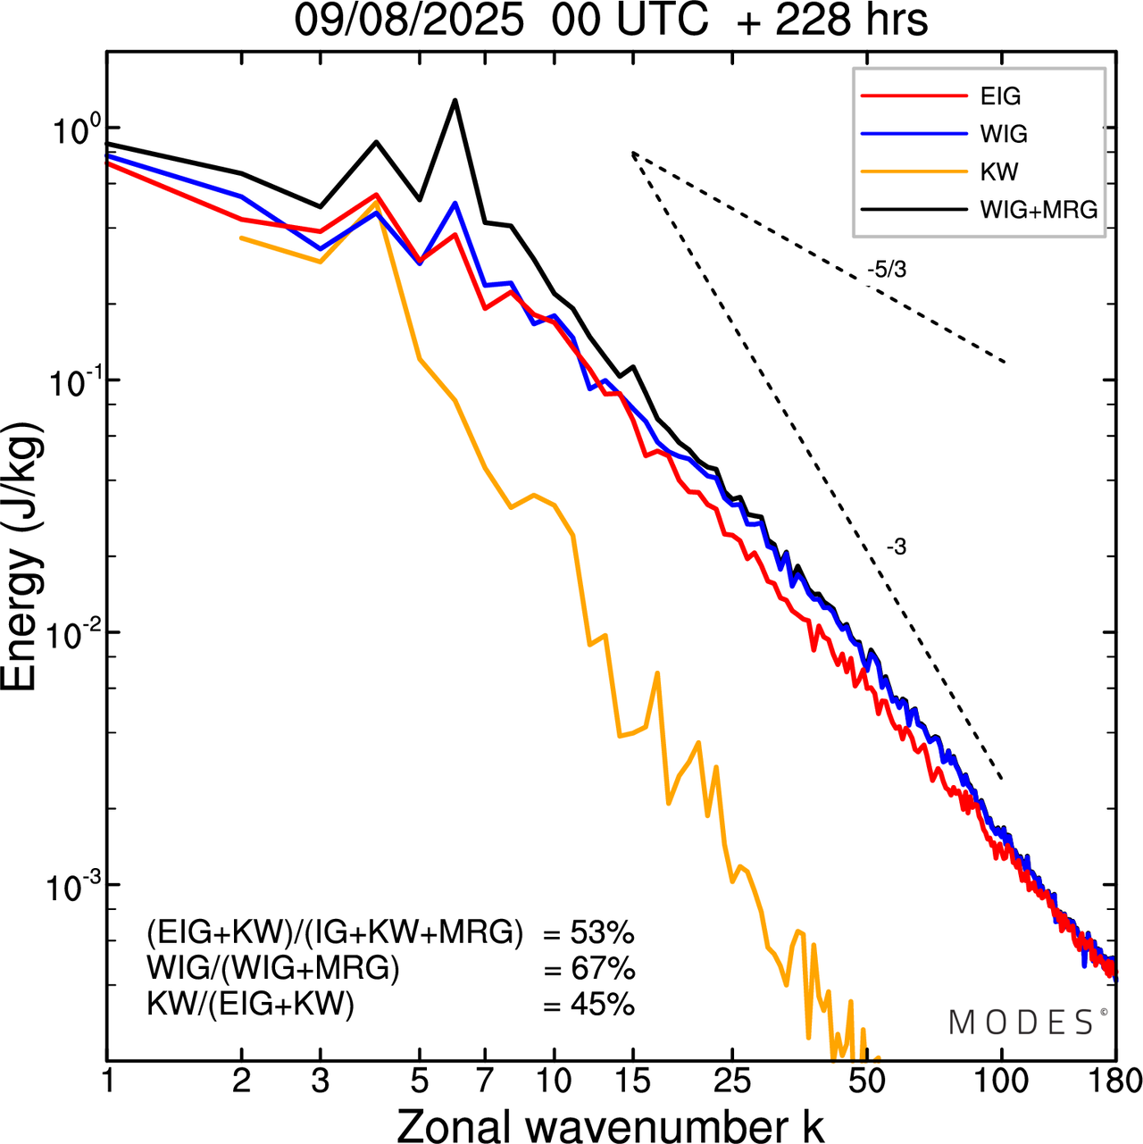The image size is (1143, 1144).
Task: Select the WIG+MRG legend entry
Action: [x=1039, y=210]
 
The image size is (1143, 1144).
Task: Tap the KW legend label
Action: [x=999, y=171]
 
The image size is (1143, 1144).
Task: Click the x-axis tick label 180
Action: [x=1114, y=1081]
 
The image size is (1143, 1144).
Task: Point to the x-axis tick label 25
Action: [x=732, y=1081]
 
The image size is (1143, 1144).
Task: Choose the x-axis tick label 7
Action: [x=485, y=1081]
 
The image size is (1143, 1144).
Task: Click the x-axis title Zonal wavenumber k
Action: [x=611, y=1125]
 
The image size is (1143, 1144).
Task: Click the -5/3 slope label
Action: [x=887, y=270]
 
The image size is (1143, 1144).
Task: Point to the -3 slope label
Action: [x=897, y=547]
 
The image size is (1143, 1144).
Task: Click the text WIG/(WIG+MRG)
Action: [x=273, y=969]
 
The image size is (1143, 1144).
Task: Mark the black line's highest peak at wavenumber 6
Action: [x=455, y=100]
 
